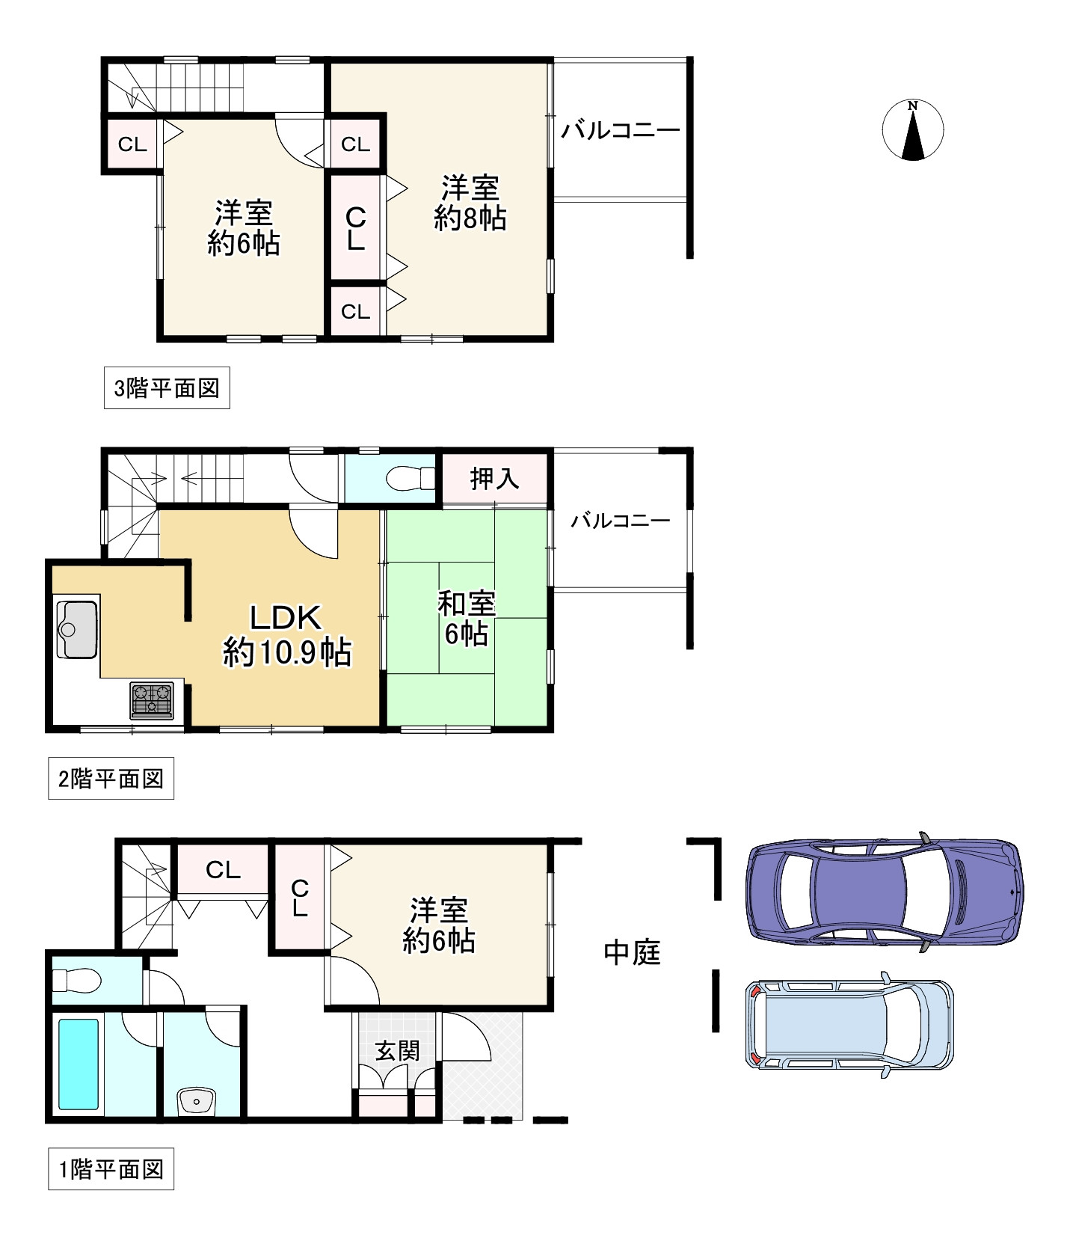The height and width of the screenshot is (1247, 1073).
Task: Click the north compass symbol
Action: (x=912, y=129)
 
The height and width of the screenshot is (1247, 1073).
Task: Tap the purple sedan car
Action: (x=885, y=892)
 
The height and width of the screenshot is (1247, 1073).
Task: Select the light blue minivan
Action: (x=849, y=1024)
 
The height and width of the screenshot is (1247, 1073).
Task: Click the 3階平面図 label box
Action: (x=167, y=388)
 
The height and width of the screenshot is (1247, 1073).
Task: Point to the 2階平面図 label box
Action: (x=111, y=779)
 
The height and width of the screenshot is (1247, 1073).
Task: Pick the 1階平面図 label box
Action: (x=111, y=1169)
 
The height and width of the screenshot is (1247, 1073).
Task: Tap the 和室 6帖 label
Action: (x=467, y=619)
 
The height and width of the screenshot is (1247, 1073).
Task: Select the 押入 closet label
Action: (x=494, y=479)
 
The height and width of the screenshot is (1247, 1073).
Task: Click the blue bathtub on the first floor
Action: (x=79, y=1064)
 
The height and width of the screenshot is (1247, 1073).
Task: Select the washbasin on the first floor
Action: (x=197, y=1101)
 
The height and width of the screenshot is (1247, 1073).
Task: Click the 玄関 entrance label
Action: (x=397, y=1051)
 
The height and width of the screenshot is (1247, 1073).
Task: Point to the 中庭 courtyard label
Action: (x=632, y=952)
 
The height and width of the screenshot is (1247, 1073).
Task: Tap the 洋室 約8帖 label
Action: (x=470, y=202)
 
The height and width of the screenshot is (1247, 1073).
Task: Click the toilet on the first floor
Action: (x=78, y=979)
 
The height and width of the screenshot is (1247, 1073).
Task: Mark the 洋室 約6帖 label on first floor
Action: (x=439, y=926)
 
